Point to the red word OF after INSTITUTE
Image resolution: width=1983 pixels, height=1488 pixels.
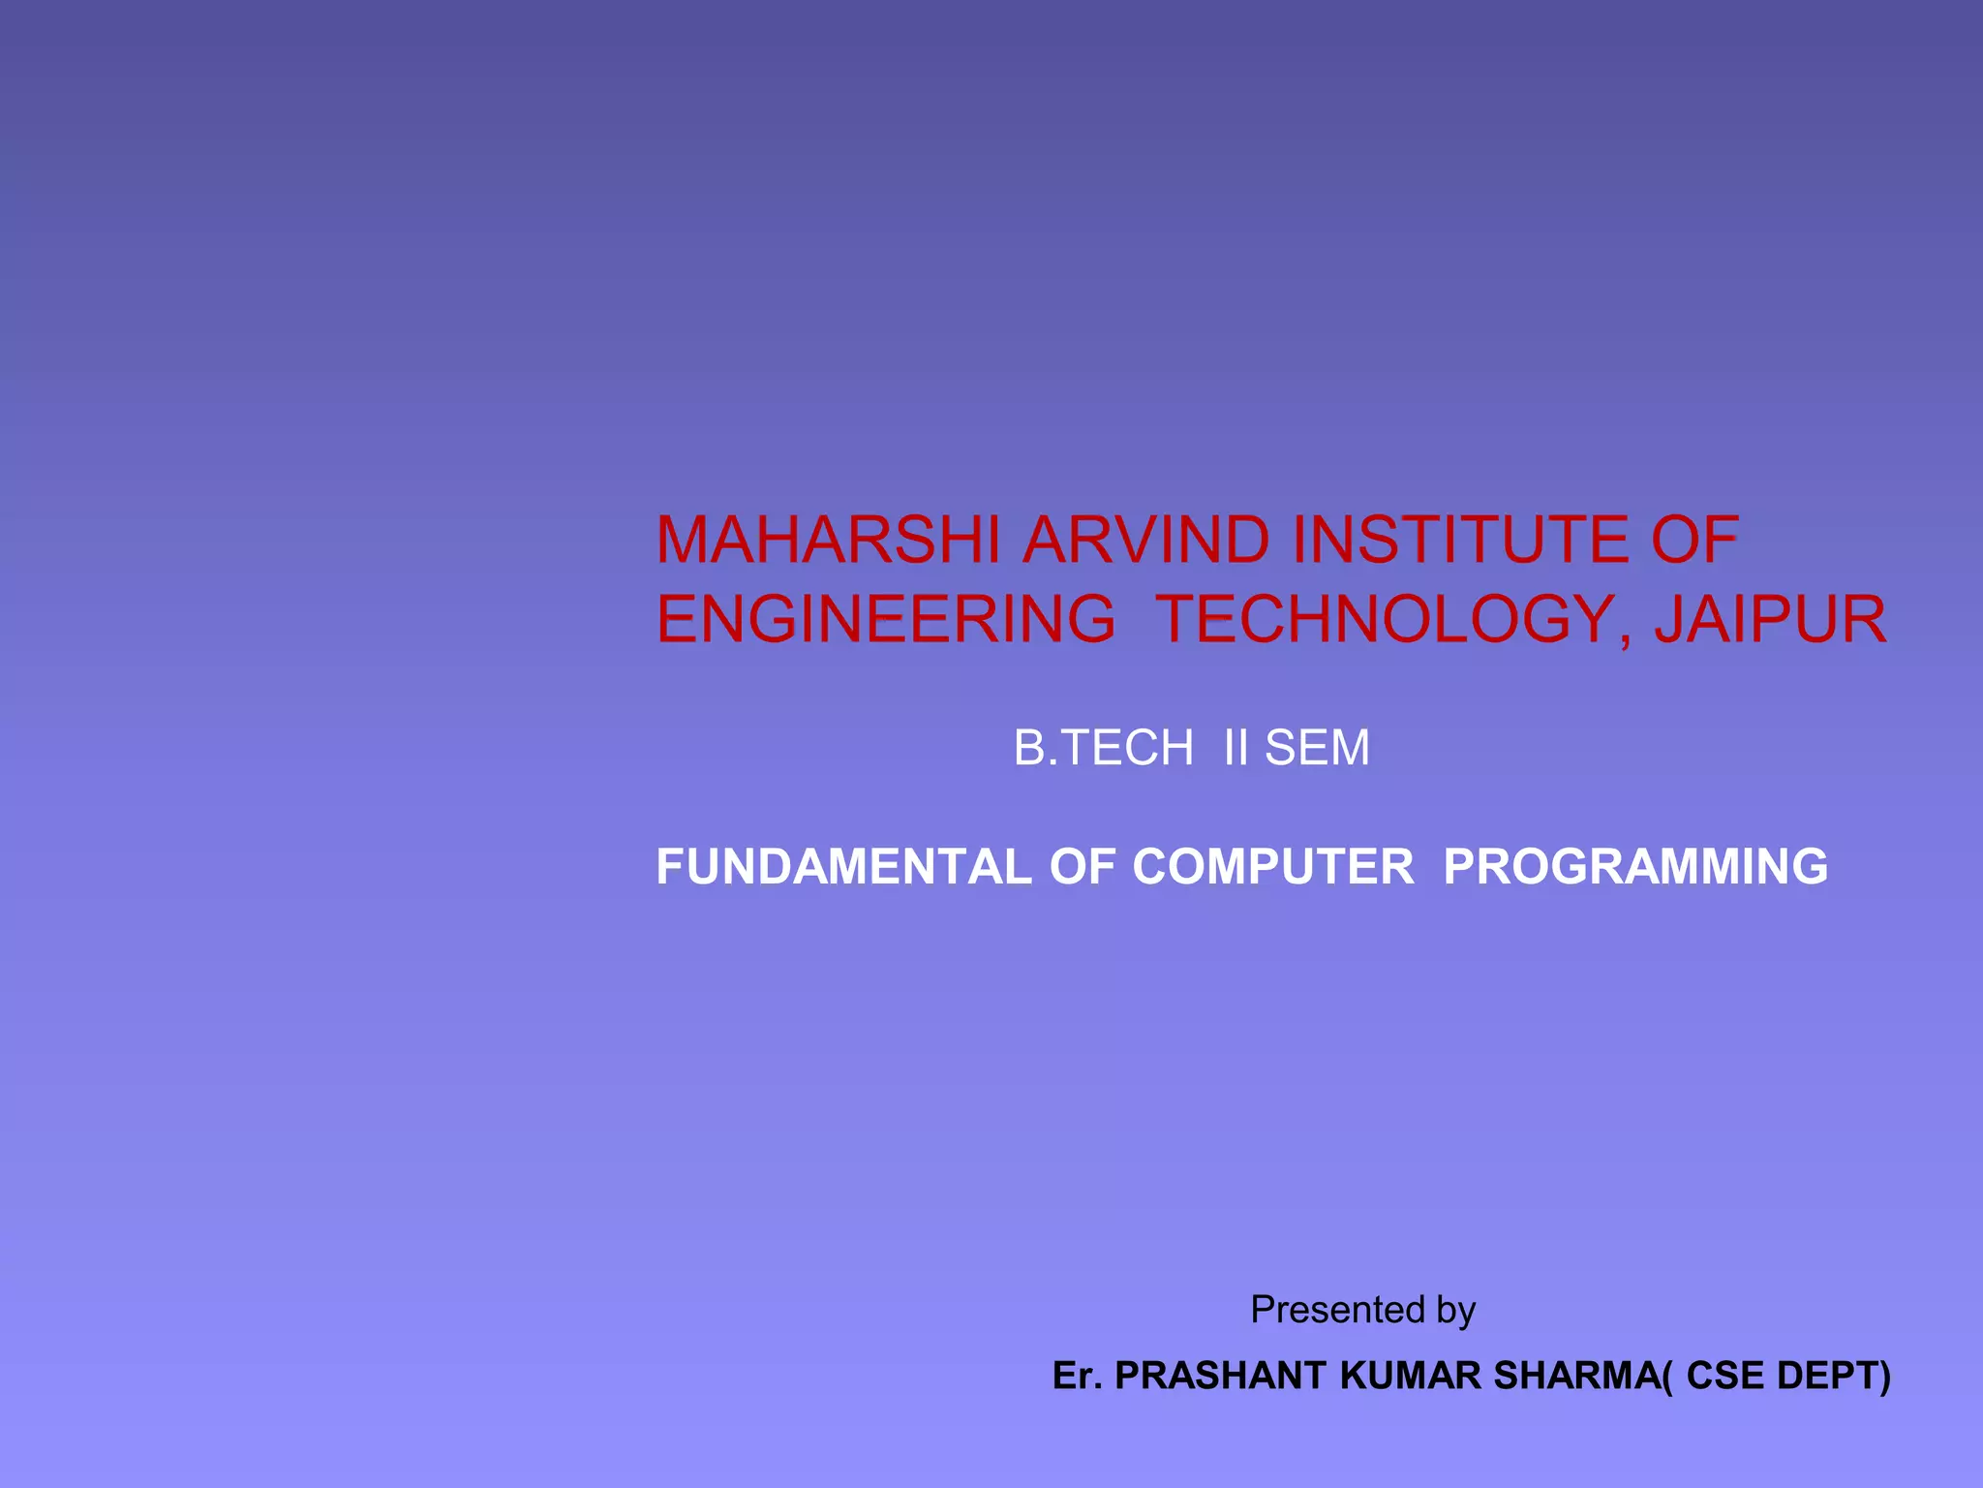point(1694,540)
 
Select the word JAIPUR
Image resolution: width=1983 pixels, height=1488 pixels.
point(1771,619)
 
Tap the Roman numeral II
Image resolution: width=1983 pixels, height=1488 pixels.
point(1236,748)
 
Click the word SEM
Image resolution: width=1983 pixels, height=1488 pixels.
point(1318,748)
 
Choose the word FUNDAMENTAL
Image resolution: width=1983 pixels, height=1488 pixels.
point(843,866)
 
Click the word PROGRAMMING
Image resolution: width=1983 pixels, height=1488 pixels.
point(1635,866)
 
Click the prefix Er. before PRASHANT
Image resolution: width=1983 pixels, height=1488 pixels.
point(1078,1376)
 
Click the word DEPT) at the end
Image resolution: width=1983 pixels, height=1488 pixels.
point(1835,1376)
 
